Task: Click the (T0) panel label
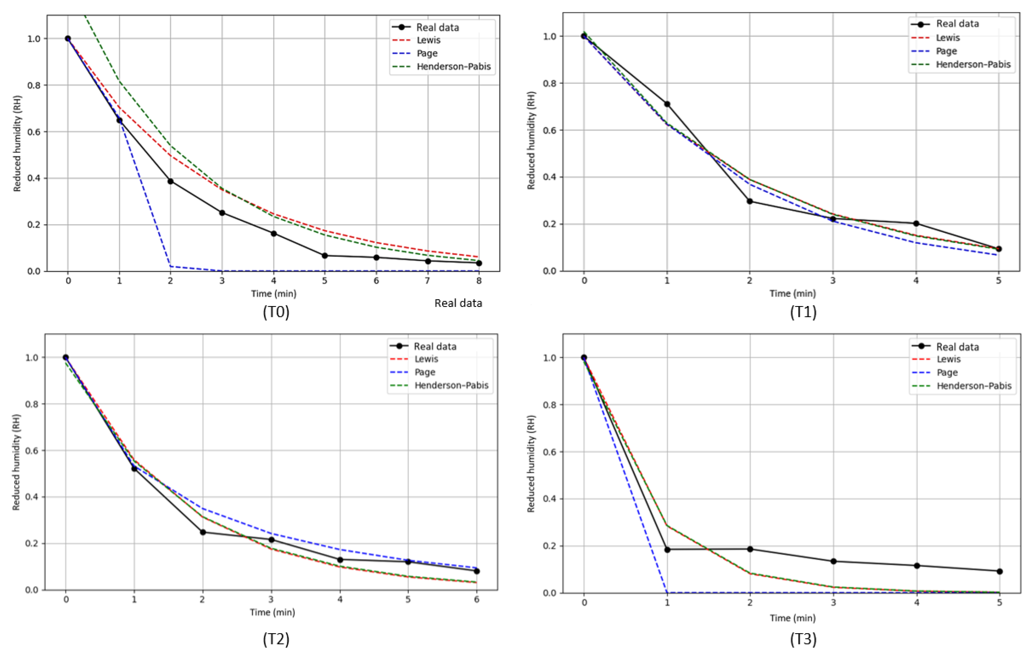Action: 276,312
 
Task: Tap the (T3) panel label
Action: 803,639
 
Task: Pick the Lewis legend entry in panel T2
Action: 426,359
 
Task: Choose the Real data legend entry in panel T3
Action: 958,347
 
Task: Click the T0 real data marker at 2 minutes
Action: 170,181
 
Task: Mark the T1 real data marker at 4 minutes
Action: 916,223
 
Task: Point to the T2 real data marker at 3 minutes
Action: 271,539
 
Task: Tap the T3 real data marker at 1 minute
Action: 667,550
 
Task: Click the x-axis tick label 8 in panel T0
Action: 479,281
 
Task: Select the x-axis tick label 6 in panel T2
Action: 476,599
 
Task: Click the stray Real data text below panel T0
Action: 458,303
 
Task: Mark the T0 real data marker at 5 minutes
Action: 325,256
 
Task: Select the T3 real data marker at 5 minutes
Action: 1000,571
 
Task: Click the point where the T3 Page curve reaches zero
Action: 667,593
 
